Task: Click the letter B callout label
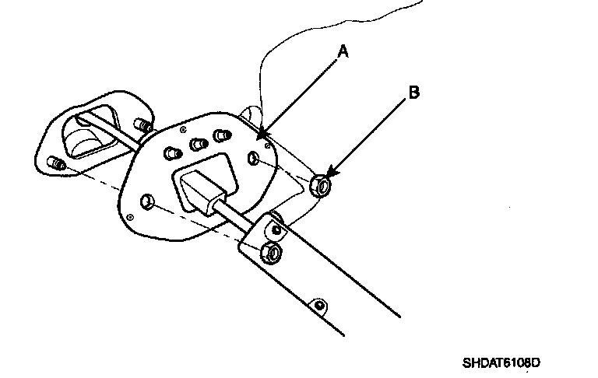point(414,93)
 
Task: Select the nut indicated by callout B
point(319,186)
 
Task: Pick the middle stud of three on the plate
point(196,145)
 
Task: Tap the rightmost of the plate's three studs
point(222,135)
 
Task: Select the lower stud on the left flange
point(56,163)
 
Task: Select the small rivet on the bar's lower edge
point(318,303)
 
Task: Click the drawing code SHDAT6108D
point(501,362)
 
